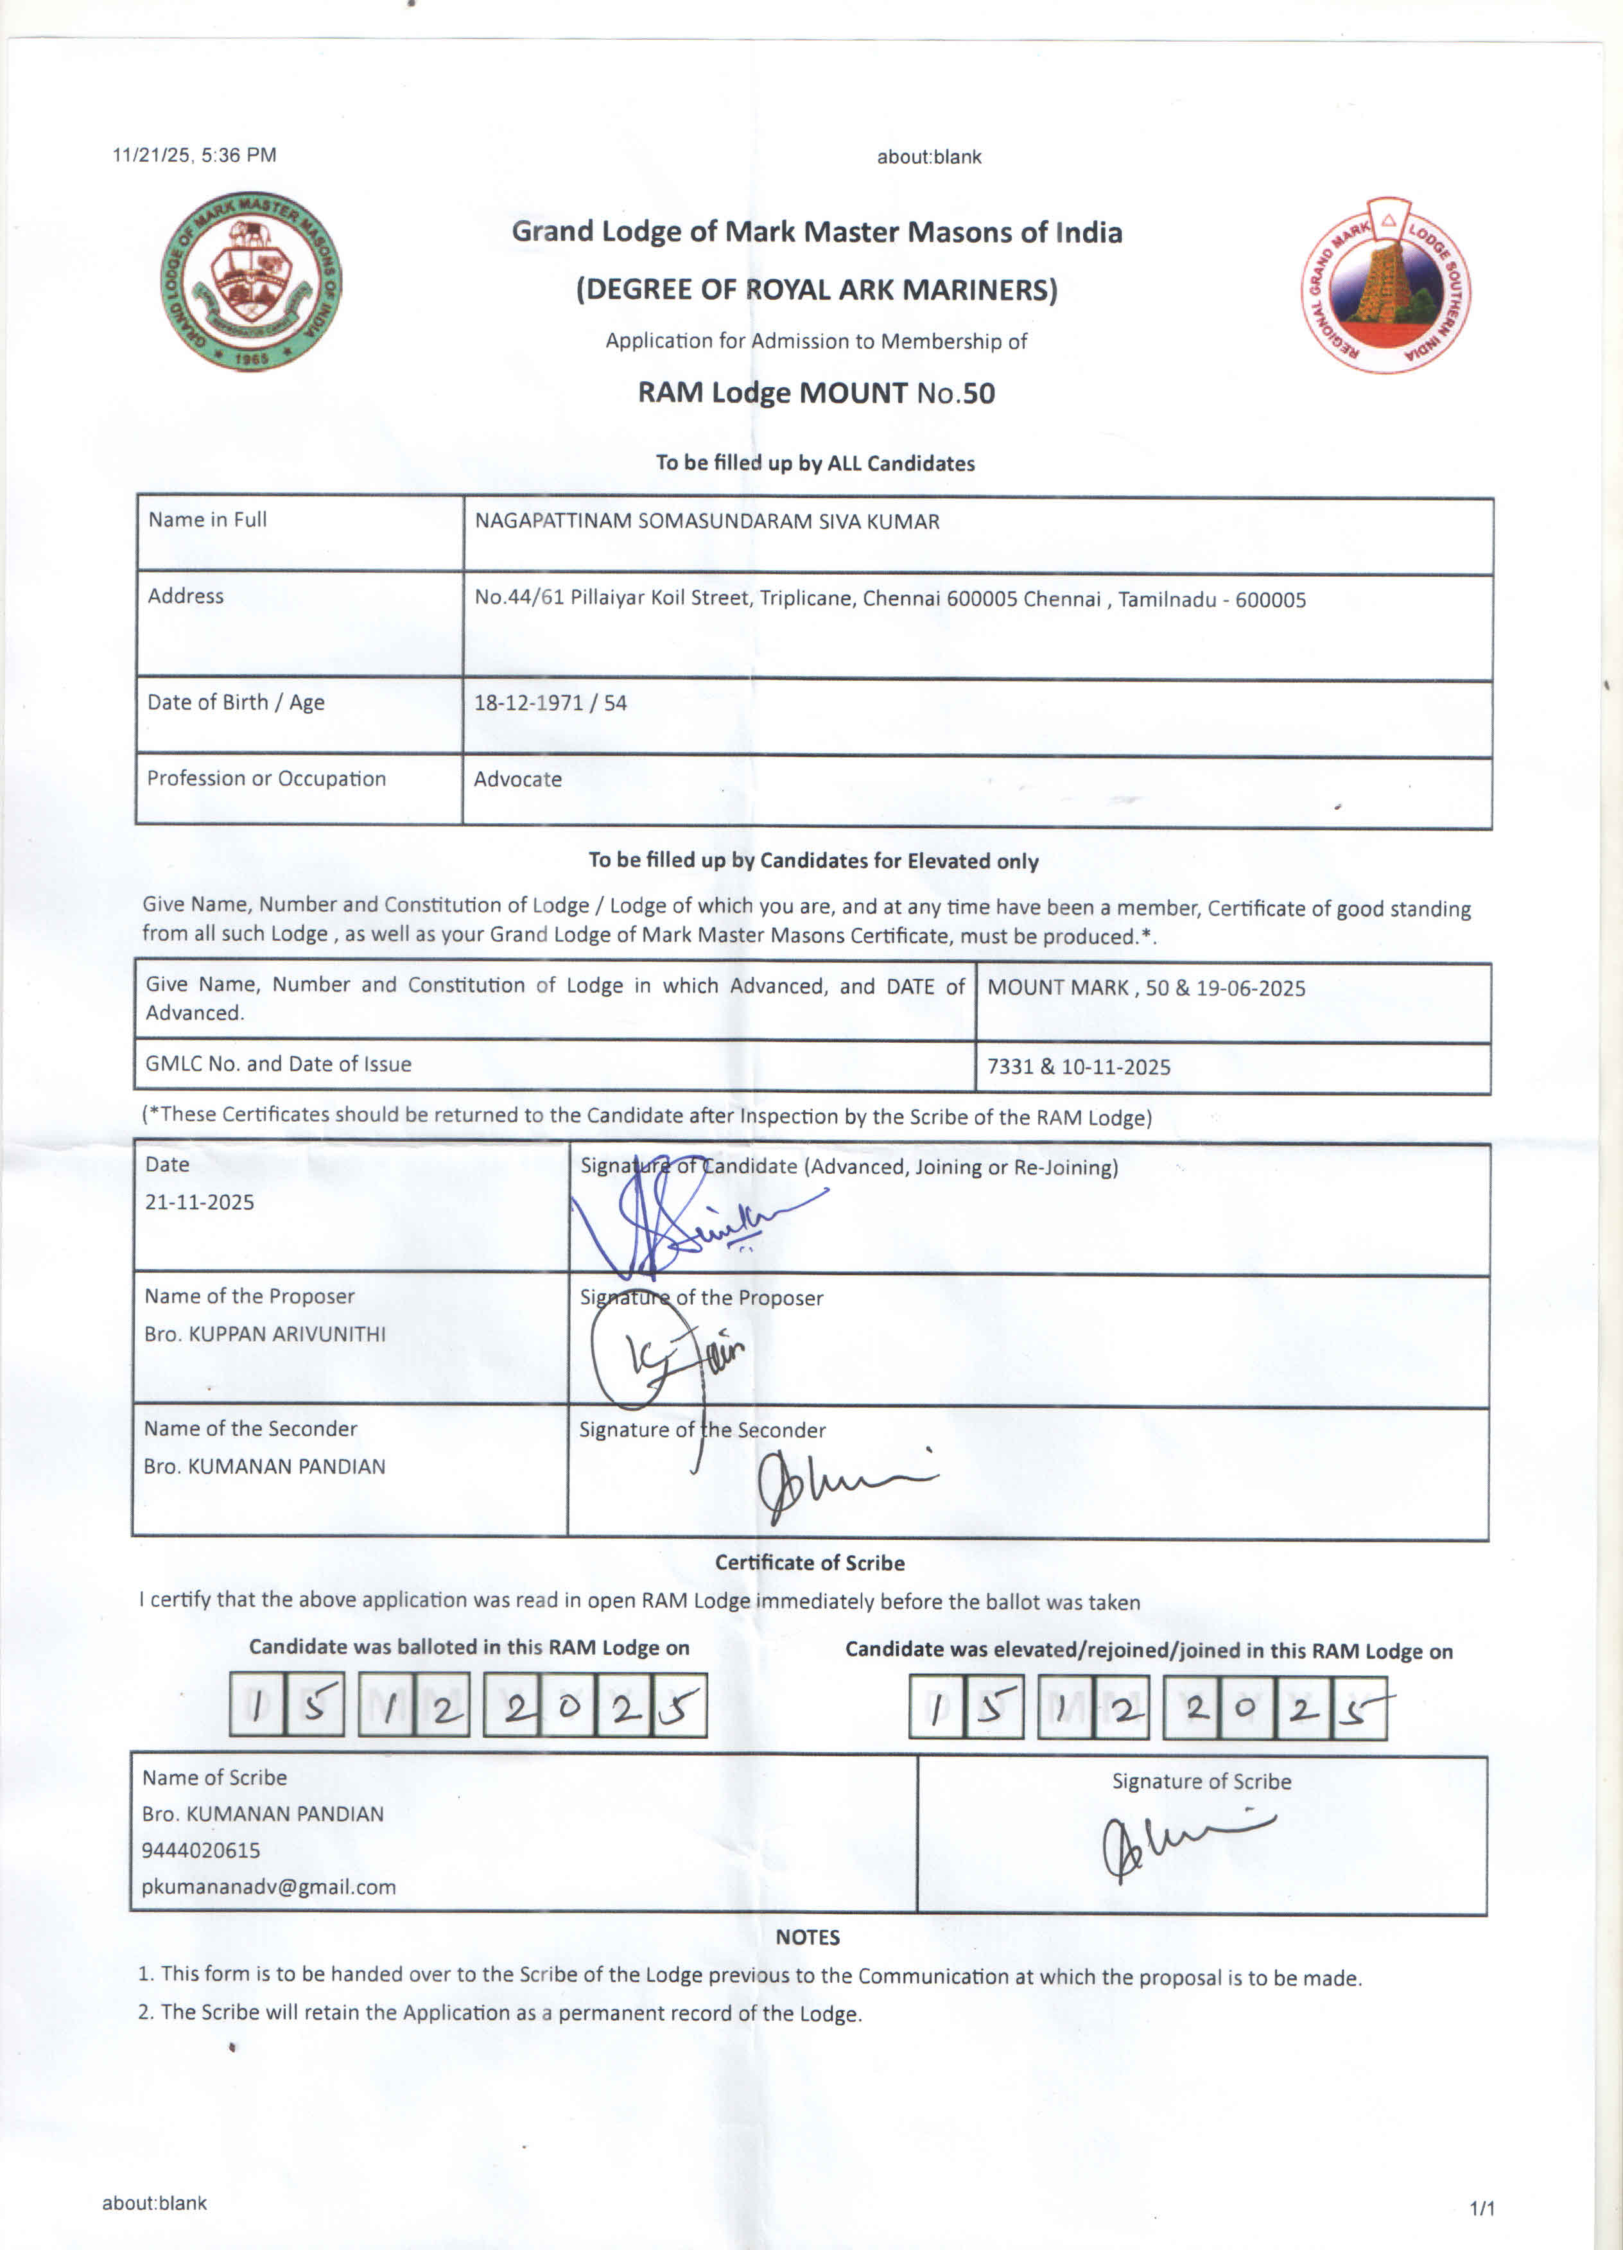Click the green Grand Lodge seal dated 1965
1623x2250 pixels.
tap(251, 282)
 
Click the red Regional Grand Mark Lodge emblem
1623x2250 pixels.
tap(1386, 286)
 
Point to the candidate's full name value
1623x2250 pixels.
tap(706, 522)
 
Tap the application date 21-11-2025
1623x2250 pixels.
tap(200, 1203)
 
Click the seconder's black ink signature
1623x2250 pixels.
tap(838, 1484)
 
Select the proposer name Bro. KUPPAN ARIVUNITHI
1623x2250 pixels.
tap(265, 1334)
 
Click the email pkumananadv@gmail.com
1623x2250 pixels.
tap(268, 1887)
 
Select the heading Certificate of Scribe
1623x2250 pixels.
tap(810, 1564)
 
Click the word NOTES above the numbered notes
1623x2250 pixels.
tap(808, 1937)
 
